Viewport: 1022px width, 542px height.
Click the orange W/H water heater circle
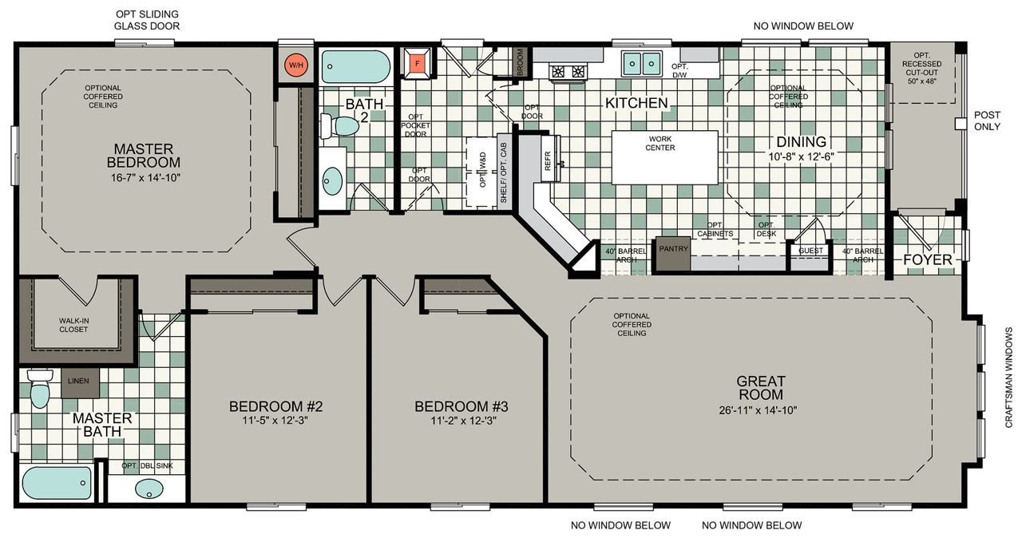click(x=296, y=65)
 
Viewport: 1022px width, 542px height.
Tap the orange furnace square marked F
click(x=417, y=63)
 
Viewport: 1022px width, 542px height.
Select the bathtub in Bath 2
click(x=356, y=66)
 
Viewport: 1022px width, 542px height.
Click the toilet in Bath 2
click(x=339, y=126)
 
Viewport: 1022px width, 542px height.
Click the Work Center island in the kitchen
click(x=665, y=157)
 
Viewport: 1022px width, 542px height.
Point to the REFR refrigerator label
click(x=548, y=160)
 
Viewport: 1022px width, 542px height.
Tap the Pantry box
click(x=673, y=254)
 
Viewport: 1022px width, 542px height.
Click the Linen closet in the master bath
click(x=80, y=383)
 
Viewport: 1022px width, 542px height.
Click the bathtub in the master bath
click(x=57, y=483)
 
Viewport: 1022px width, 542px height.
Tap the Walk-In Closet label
click(x=73, y=325)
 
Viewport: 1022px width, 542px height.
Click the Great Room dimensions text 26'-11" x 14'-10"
click(x=758, y=410)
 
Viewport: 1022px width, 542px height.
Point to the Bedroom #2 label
click(x=275, y=406)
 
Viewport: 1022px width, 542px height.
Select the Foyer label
click(x=928, y=259)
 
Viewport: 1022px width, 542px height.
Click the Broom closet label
click(x=520, y=61)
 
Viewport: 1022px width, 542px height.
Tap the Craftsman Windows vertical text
click(x=1008, y=378)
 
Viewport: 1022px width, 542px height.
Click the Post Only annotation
click(x=988, y=121)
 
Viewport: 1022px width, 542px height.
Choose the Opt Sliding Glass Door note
click(x=147, y=20)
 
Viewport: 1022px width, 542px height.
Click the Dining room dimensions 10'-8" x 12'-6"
click(x=801, y=156)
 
